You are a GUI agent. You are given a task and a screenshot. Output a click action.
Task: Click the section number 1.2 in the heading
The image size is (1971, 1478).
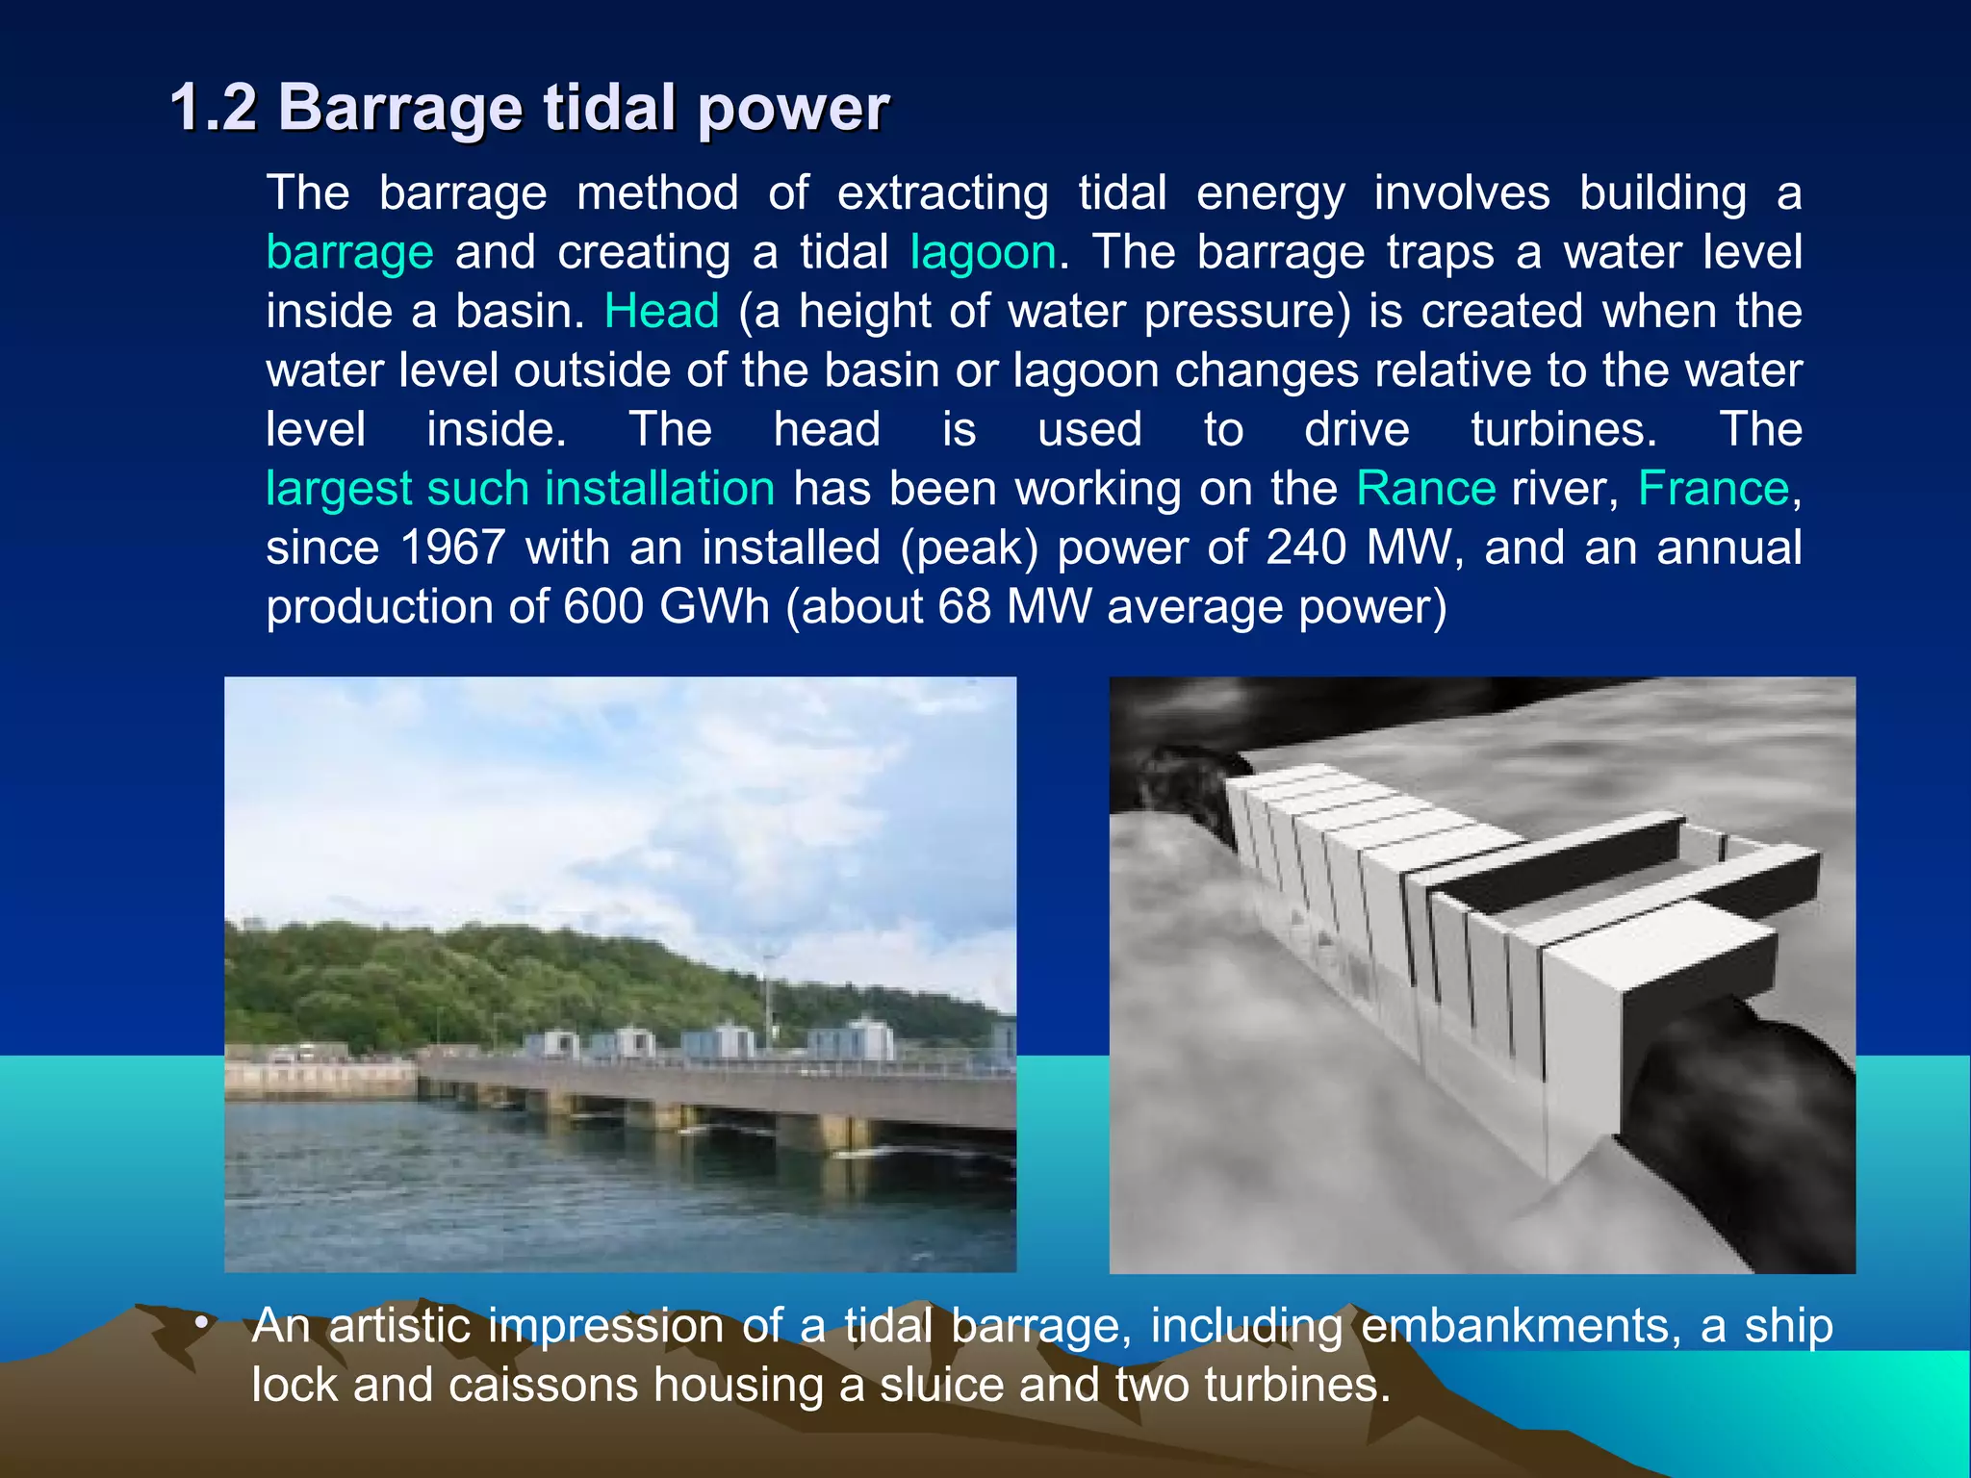point(214,107)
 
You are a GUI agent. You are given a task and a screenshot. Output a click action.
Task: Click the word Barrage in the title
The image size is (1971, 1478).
point(399,109)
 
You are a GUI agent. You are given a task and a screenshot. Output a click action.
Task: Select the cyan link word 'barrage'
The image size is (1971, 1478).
point(349,253)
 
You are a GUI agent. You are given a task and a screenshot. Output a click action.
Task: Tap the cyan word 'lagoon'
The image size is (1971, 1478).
point(983,253)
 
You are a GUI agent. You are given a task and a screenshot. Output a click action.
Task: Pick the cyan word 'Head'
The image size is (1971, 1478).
point(661,312)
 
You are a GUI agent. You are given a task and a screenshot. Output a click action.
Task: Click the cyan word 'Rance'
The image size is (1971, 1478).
point(1425,489)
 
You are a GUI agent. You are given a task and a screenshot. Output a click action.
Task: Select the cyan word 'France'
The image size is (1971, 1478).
point(1713,489)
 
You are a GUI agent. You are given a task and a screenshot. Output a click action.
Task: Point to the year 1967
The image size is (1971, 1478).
point(452,548)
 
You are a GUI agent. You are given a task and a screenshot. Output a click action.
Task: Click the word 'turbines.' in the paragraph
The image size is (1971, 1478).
point(1563,430)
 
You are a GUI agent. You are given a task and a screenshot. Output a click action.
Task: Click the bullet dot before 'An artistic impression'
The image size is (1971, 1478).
point(200,1324)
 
